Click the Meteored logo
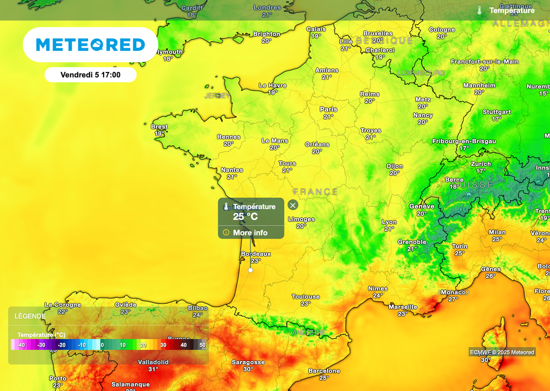pos(90,45)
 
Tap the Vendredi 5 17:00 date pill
pos(90,75)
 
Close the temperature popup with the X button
pos(293,205)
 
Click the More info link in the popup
pos(250,233)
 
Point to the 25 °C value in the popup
pos(245,217)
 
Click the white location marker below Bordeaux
pos(250,270)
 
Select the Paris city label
pos(328,109)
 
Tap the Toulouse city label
pos(306,297)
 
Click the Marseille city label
pos(403,307)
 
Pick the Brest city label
pos(160,127)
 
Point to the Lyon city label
pos(389,222)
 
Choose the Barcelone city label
pos(324,371)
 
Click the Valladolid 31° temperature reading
pos(153,369)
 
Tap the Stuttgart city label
pos(496,112)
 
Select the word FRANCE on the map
pos(316,191)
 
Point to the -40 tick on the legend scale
pos(21,345)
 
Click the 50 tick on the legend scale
pos(202,345)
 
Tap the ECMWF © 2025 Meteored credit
pos(502,352)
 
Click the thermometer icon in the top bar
pos(479,10)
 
